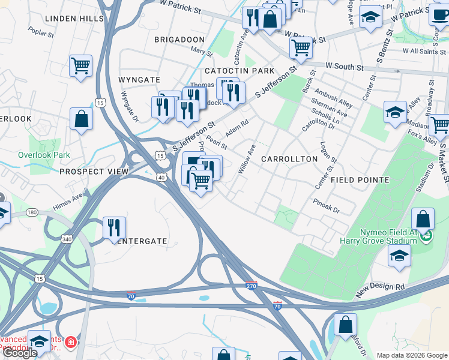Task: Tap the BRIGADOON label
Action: [179, 39]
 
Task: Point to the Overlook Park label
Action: [44, 155]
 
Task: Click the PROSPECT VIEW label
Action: [94, 172]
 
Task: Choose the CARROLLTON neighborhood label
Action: [289, 159]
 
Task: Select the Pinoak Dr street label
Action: [327, 207]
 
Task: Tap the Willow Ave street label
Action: [247, 158]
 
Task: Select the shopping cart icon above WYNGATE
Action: [80, 65]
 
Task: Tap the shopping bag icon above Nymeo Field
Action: [423, 220]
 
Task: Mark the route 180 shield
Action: [32, 212]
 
